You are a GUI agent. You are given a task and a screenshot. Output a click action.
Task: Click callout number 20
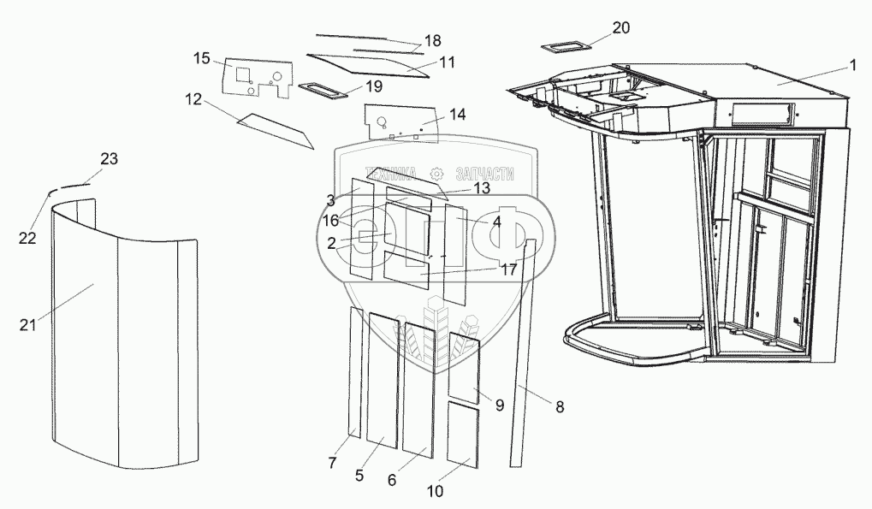click(620, 27)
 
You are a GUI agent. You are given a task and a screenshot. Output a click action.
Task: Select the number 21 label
click(27, 323)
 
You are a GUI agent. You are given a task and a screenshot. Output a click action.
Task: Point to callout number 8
click(560, 408)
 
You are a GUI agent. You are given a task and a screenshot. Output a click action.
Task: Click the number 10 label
click(436, 491)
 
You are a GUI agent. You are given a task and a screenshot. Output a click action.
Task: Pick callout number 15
click(201, 58)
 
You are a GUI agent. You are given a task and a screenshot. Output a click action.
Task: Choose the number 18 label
click(432, 41)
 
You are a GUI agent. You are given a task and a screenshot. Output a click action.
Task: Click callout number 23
click(109, 158)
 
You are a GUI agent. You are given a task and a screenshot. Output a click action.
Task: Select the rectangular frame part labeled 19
click(323, 89)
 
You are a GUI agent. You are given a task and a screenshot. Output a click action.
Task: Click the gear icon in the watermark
click(437, 171)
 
